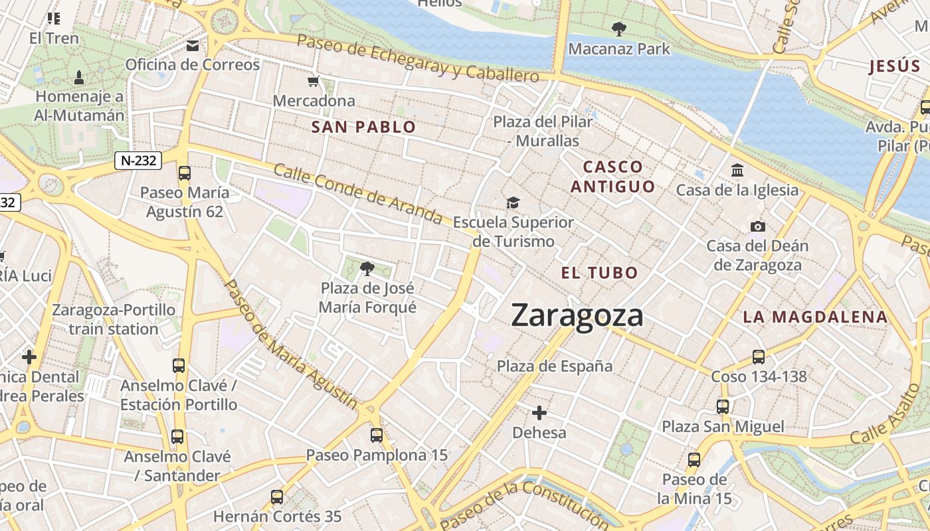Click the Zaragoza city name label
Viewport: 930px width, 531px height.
click(577, 315)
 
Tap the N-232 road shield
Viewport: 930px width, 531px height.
click(138, 160)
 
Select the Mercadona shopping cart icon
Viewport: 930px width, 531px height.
click(314, 82)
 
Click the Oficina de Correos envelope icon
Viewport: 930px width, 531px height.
click(193, 46)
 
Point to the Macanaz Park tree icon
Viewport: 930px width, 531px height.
click(619, 29)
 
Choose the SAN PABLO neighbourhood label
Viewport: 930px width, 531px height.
click(363, 127)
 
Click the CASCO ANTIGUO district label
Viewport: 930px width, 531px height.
click(612, 177)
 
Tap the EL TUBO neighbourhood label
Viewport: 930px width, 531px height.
click(599, 273)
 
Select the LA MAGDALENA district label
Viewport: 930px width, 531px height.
click(815, 317)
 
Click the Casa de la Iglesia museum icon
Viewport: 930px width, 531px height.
click(737, 171)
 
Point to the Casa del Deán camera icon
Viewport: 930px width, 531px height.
click(757, 227)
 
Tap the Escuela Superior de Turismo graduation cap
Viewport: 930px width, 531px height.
click(513, 202)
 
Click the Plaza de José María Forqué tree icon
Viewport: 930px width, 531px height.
click(367, 269)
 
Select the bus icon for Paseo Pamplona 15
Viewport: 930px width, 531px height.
click(377, 435)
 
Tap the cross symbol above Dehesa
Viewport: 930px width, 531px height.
click(539, 414)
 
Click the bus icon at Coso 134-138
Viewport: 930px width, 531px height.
click(759, 357)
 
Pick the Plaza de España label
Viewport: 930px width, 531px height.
click(555, 366)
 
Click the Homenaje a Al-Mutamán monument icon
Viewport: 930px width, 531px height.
click(79, 77)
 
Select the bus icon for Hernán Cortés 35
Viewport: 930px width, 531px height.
click(277, 496)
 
